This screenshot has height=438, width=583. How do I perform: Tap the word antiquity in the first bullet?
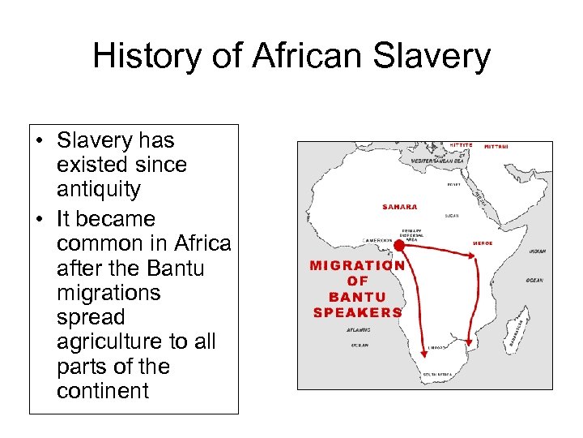[x=98, y=190]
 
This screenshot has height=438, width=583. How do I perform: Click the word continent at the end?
[x=103, y=391]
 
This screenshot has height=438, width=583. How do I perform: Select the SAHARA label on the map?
[x=399, y=208]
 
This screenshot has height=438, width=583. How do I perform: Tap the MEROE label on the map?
[x=483, y=243]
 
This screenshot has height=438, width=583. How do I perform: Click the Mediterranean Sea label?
[x=439, y=161]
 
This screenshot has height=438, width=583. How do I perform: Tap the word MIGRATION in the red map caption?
[x=357, y=265]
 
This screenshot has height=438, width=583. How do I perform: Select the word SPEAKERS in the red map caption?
[x=357, y=312]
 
